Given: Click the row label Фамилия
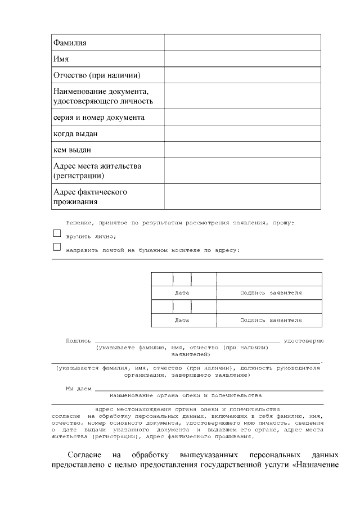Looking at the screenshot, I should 70,43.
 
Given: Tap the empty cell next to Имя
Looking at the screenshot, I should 242,59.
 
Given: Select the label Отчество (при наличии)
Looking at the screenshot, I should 96,75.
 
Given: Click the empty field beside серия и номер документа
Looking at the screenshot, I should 242,118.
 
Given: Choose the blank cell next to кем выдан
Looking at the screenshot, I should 242,150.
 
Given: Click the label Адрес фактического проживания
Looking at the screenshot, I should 90,196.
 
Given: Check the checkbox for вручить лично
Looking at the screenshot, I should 56,233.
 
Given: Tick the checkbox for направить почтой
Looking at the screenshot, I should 56,246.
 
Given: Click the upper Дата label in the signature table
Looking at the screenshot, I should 182,293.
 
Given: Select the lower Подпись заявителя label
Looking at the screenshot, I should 271,320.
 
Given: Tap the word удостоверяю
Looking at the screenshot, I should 304,341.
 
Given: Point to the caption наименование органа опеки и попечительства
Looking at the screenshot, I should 186,395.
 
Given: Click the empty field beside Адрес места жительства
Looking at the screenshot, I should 242,170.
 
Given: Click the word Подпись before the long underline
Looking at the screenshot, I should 78,341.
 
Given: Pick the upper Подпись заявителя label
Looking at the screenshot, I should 271,293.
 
